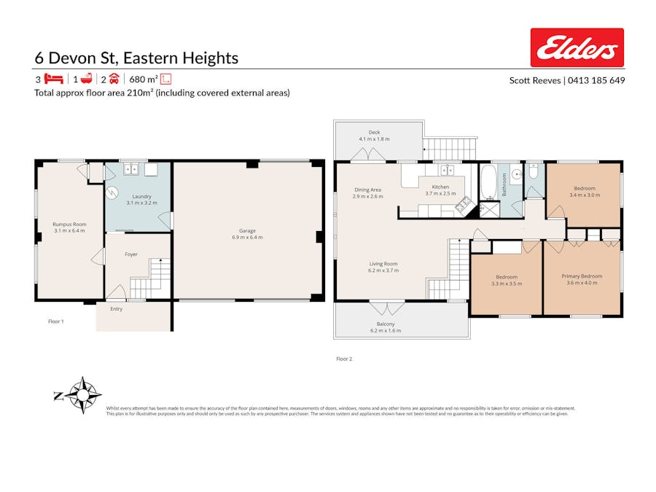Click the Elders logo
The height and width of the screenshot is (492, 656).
pos(577,47)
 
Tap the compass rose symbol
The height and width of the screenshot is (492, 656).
pos(85,395)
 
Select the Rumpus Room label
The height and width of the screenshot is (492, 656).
pos(69,227)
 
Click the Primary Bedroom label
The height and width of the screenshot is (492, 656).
pos(582,279)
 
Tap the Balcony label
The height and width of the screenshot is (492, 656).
pos(386,327)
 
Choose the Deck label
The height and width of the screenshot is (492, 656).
pos(374,136)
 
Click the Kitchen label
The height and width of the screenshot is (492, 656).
pos(440,190)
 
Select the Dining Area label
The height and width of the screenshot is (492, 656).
pos(367,192)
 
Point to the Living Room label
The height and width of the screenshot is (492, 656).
pos(383,267)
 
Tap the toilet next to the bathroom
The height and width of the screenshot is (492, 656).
pos(534,172)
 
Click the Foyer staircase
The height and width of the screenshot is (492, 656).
pos(150,280)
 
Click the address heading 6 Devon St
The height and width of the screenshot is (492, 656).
pos(136,58)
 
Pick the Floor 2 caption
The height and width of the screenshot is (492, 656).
pos(344,359)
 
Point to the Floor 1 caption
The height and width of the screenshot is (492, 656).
pos(56,321)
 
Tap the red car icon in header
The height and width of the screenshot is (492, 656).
pos(114,79)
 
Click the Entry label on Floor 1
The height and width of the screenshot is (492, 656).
pos(117,309)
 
